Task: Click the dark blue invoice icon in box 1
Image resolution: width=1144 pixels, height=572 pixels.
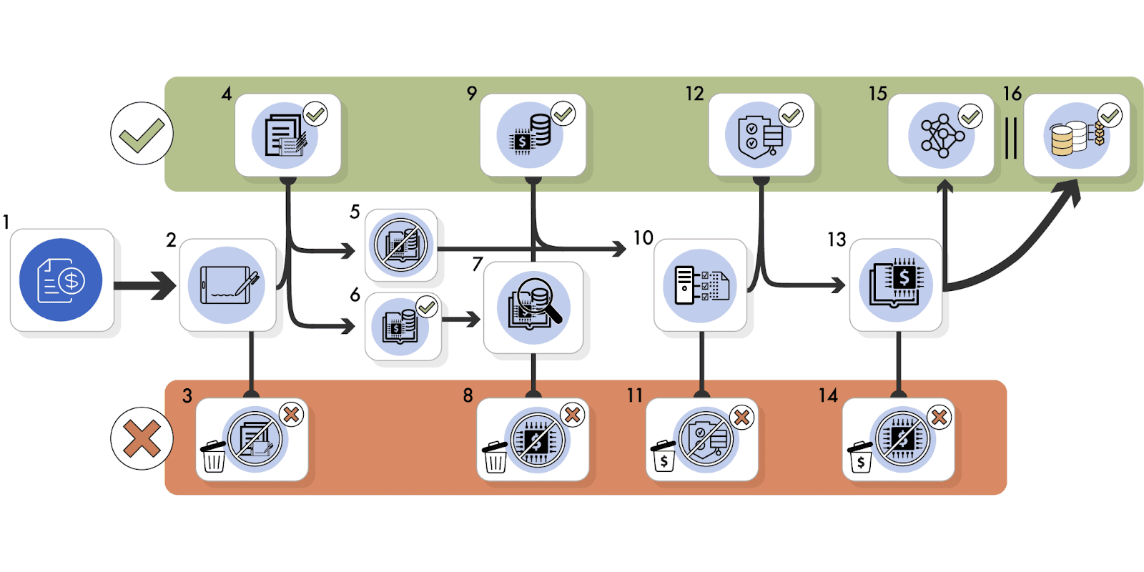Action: pyautogui.click(x=61, y=280)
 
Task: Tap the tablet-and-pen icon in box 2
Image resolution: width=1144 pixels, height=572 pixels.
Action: pyautogui.click(x=227, y=285)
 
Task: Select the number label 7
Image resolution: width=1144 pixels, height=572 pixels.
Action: pyautogui.click(x=478, y=265)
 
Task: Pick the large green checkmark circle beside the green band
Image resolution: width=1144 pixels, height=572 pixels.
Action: pyautogui.click(x=142, y=134)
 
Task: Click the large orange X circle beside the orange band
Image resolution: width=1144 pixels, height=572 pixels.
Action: pyautogui.click(x=142, y=438)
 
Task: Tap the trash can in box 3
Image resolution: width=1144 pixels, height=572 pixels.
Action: pyautogui.click(x=213, y=456)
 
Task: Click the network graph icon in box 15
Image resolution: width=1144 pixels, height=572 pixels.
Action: pyautogui.click(x=942, y=136)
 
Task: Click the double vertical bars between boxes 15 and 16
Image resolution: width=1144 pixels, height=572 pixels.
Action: pyautogui.click(x=1010, y=138)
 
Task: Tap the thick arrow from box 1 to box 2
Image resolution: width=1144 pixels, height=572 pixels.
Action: pyautogui.click(x=144, y=286)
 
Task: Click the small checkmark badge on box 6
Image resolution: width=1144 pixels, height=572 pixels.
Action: pyautogui.click(x=427, y=307)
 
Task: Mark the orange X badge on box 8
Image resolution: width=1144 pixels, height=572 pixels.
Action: pyautogui.click(x=572, y=414)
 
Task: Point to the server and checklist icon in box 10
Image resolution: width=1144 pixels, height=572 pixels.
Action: pyautogui.click(x=701, y=285)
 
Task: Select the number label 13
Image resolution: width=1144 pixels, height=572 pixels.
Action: pyautogui.click(x=837, y=240)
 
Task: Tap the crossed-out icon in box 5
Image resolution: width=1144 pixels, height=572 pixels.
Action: pyautogui.click(x=401, y=245)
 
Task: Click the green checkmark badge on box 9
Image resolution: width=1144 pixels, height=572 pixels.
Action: pyautogui.click(x=563, y=113)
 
